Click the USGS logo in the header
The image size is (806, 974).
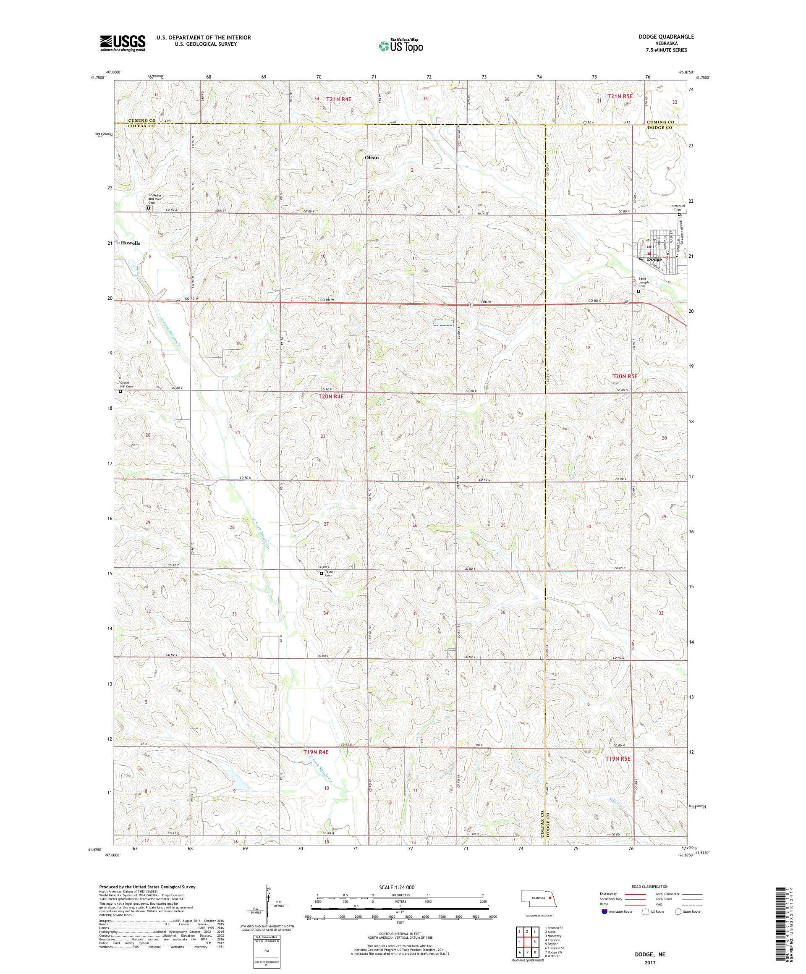click(123, 43)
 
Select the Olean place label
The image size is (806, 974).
click(372, 158)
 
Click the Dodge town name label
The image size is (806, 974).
click(654, 259)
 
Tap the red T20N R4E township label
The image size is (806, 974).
click(331, 397)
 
